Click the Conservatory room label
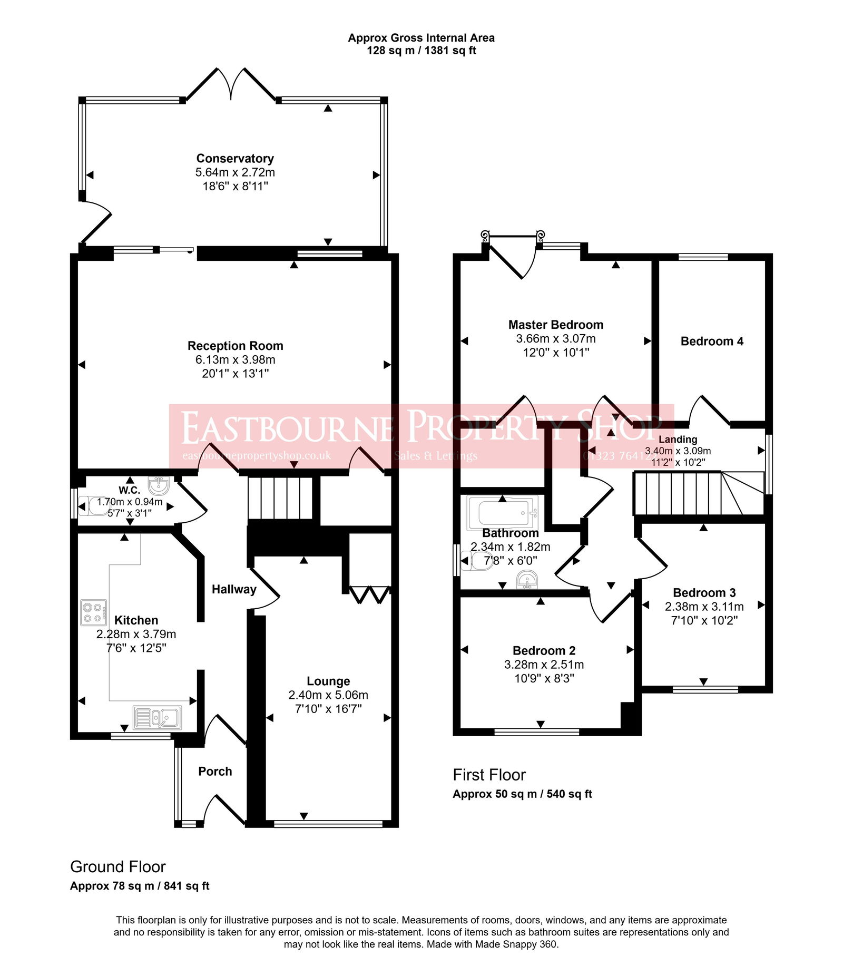pos(235,159)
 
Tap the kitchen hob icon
pos(94,613)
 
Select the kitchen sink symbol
pos(157,717)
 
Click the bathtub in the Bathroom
pos(502,513)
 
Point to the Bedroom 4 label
pos(712,341)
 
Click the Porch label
pos(215,772)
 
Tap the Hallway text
pos(234,590)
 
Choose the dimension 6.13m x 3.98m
pos(235,360)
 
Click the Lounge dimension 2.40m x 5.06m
pos(328,695)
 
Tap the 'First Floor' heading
pos(489,775)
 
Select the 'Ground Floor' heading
pos(117,867)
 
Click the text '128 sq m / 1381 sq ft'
pos(421,51)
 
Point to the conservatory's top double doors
pos(231,84)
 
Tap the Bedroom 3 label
pos(704,593)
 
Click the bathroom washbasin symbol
pos(527,582)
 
